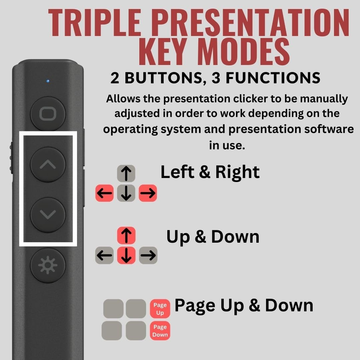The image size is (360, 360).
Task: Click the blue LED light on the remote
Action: tap(48, 81)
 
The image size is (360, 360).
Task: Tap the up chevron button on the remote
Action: tap(48, 164)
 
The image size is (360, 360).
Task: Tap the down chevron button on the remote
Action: tap(48, 215)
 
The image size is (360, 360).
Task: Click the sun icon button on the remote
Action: tap(48, 265)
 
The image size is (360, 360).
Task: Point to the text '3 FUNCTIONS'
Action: tap(273, 78)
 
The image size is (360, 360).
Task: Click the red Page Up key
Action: tap(160, 308)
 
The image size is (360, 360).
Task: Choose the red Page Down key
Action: tap(160, 331)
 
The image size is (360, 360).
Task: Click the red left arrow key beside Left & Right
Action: tap(105, 193)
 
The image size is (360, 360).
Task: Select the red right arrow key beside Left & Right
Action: tap(148, 193)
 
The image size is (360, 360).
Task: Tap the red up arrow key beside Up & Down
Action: tap(126, 235)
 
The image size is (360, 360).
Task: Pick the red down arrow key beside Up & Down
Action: tap(126, 256)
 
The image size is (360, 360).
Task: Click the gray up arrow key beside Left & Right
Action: tap(126, 173)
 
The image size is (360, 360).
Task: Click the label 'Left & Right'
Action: tap(210, 172)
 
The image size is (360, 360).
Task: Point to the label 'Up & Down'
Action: tap(213, 237)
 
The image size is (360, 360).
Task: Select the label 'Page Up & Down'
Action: tap(244, 305)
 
